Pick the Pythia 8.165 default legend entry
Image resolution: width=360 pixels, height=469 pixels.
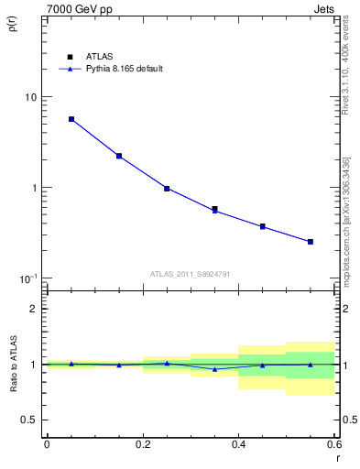click(x=116, y=69)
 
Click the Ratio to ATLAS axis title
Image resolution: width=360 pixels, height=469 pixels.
click(x=12, y=364)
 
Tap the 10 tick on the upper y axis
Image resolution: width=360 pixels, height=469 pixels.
click(x=30, y=97)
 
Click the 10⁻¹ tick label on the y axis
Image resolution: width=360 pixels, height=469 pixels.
click(x=27, y=278)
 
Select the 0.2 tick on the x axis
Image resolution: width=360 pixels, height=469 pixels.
click(x=142, y=444)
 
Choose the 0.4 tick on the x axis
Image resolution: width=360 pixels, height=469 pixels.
click(x=238, y=444)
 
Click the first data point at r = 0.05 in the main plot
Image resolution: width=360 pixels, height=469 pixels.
click(x=71, y=119)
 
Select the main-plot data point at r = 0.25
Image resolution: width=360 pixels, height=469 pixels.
click(x=167, y=188)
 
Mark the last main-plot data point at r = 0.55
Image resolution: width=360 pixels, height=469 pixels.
click(x=311, y=242)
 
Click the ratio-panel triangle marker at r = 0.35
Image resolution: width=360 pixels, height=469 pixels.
click(x=214, y=369)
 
